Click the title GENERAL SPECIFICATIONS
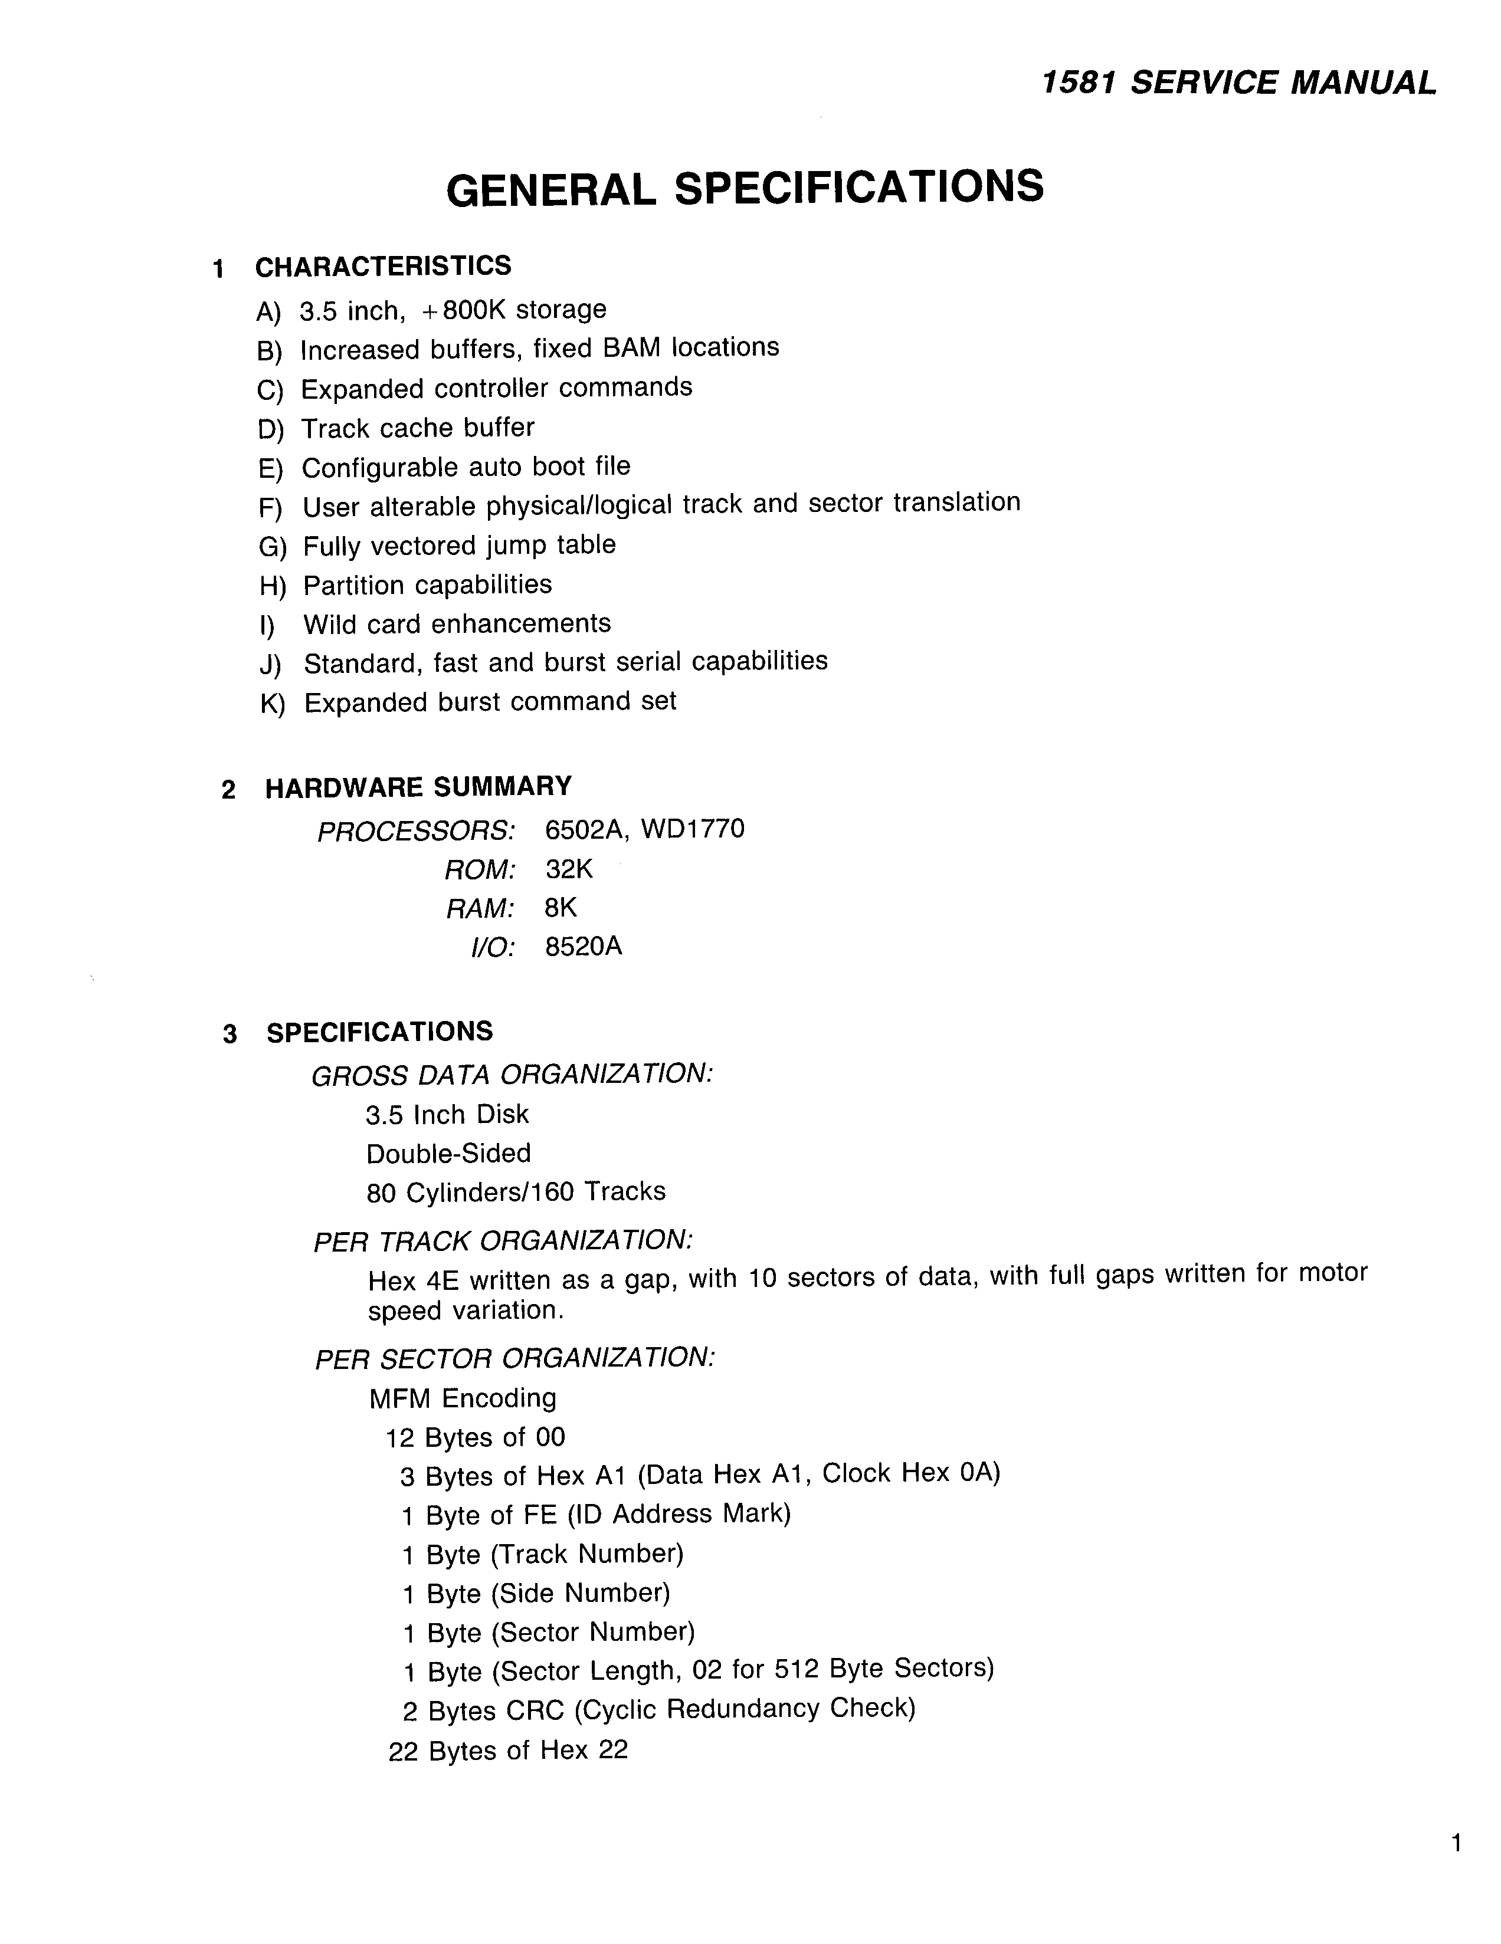tap(744, 188)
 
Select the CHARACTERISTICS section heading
tap(383, 266)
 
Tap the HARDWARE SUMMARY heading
tap(418, 787)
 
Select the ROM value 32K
tap(569, 869)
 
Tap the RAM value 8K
tap(561, 908)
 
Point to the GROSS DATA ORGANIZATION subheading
tap(512, 1075)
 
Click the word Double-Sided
tap(448, 1154)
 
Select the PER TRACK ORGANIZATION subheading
tap(503, 1241)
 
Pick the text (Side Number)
tap(581, 1592)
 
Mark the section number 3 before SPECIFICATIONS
tap(230, 1035)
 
